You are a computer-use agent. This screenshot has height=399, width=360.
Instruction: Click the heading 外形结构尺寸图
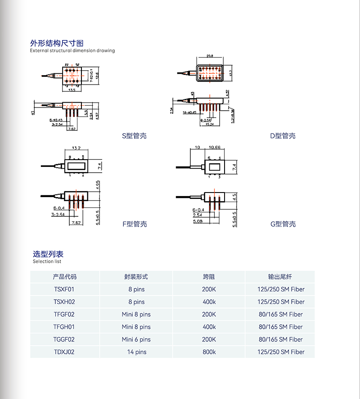coord(57,43)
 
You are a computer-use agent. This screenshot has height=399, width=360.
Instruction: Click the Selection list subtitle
coord(47,261)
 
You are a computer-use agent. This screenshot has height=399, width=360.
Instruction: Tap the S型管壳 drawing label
coord(134,136)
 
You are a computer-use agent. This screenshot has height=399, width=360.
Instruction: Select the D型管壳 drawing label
coord(283,136)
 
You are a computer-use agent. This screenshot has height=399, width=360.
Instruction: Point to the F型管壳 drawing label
coord(134,224)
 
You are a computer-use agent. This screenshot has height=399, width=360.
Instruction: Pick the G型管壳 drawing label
coord(283,224)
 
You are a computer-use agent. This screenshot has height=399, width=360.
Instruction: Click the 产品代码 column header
coord(64,277)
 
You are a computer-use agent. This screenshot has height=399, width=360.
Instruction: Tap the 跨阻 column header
coord(209,277)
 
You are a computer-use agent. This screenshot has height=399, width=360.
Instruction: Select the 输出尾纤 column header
coord(279,277)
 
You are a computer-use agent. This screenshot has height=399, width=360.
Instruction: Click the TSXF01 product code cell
coord(64,289)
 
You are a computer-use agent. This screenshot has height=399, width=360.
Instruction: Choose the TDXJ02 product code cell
coord(64,352)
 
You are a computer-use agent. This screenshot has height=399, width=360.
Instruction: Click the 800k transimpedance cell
coord(209,352)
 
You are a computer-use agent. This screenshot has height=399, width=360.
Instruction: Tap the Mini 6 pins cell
coord(136,340)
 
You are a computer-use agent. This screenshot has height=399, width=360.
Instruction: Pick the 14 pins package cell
coord(136,352)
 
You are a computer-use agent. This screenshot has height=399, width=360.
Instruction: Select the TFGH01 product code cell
coord(64,327)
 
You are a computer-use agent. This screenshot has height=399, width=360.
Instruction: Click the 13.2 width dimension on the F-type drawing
coord(76,148)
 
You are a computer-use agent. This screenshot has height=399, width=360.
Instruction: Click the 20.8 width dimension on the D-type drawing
coord(210,57)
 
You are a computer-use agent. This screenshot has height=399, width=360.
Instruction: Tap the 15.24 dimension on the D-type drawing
coord(210,125)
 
